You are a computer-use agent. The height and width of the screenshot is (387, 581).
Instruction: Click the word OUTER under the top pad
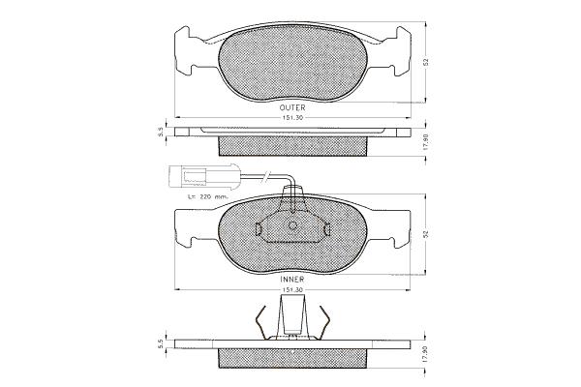click(x=292, y=107)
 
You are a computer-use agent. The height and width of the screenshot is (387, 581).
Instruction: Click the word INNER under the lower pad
click(x=292, y=279)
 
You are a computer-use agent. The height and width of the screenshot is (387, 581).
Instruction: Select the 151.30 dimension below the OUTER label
click(x=292, y=118)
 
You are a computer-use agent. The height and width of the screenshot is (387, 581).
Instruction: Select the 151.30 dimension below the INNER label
click(x=292, y=289)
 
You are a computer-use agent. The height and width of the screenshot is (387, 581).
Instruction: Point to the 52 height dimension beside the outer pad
click(x=426, y=62)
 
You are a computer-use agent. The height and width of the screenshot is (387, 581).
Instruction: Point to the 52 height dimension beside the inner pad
click(x=426, y=234)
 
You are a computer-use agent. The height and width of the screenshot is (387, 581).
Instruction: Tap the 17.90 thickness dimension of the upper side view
click(x=426, y=141)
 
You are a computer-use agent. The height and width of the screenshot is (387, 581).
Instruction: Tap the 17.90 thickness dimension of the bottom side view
click(x=426, y=354)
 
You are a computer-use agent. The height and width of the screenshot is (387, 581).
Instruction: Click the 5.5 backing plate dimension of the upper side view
click(x=161, y=132)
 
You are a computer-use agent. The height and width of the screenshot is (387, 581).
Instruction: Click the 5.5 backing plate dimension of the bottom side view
click(x=161, y=344)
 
